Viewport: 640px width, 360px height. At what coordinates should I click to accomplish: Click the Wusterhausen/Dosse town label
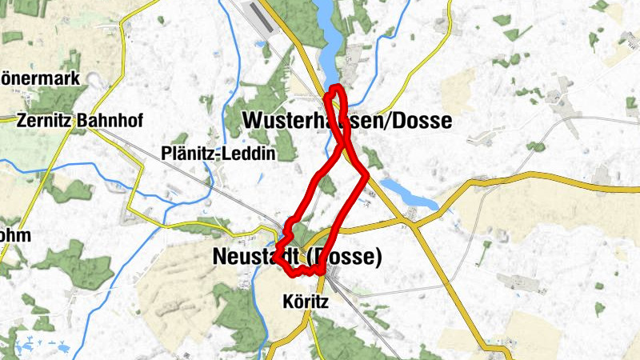(x=346, y=121)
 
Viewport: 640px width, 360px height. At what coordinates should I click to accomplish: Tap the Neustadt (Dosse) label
(x=297, y=258)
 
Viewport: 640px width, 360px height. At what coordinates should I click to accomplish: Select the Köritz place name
(x=306, y=303)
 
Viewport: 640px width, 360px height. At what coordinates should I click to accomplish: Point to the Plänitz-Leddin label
(x=218, y=153)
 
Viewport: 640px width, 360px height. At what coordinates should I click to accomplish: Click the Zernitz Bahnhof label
(x=80, y=122)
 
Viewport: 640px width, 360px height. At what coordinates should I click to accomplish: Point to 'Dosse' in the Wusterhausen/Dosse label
(x=424, y=121)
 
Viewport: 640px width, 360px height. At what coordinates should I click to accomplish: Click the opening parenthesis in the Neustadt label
(x=311, y=258)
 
